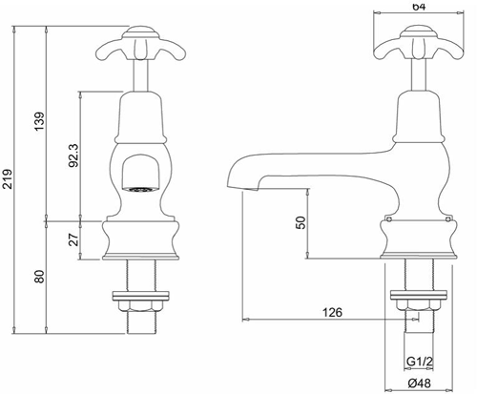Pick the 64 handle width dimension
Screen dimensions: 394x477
(x=417, y=7)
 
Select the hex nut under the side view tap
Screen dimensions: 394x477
(x=416, y=303)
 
